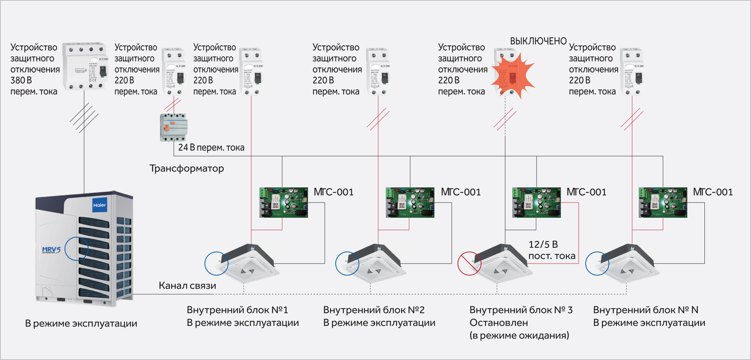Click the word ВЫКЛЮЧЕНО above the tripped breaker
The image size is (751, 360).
pos(538,41)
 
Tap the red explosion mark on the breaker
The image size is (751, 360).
pos(513,75)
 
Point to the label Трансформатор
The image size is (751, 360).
pos(187,169)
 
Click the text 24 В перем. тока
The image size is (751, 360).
pos(211,148)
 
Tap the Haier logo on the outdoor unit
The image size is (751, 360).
pos(100,205)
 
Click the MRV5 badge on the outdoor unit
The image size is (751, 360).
pos(51,250)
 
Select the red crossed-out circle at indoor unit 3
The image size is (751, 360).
pos(469,264)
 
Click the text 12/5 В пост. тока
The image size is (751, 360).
pos(552,250)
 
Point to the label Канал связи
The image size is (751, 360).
pos(187,286)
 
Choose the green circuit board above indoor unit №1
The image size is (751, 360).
pos(284,203)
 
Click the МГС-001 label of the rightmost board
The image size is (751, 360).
pos(713,192)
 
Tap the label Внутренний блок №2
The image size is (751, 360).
pos(374,310)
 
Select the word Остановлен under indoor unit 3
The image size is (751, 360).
pos(499,323)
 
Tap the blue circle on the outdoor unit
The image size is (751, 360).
pos(77,249)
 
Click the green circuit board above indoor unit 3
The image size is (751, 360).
pos(536,203)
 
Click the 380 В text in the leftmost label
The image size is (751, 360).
pos(21,80)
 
